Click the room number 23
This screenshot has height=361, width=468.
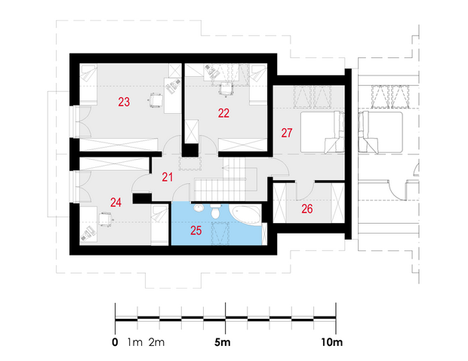tap(124, 102)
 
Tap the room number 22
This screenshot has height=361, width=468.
tap(223, 113)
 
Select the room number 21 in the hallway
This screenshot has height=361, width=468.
tap(167, 177)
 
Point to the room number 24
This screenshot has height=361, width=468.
tap(115, 203)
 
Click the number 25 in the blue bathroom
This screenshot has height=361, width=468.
tap(196, 231)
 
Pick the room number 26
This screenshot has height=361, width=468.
tap(306, 209)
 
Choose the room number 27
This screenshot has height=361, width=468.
tap(287, 133)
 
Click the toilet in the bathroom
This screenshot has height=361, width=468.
tap(215, 211)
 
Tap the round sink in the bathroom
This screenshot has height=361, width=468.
tap(198, 207)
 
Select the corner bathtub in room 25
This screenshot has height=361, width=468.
tap(245, 215)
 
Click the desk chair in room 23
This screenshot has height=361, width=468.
tap(155, 99)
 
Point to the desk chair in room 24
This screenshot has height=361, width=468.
tap(105, 219)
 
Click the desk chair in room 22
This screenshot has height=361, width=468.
tap(226, 90)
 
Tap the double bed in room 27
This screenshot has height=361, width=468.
tap(322, 133)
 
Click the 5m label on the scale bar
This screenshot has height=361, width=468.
tap(223, 342)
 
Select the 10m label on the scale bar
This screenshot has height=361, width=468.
tap(332, 342)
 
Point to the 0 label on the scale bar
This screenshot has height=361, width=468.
tap(115, 342)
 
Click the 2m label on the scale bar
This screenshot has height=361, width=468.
tap(157, 342)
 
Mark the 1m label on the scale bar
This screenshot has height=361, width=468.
tap(135, 342)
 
